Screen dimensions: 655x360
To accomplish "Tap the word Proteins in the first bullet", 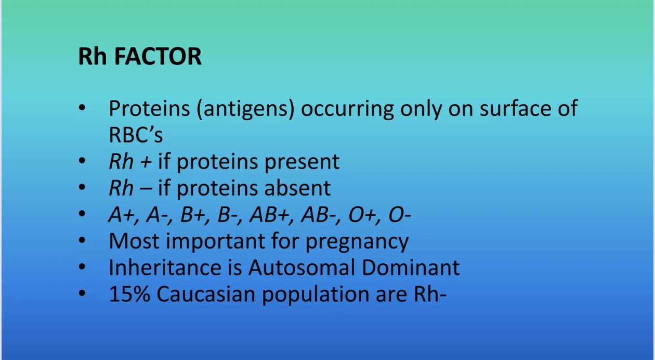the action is (149, 109).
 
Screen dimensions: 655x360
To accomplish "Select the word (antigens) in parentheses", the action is (245, 109).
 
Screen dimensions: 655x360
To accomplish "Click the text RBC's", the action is (136, 135).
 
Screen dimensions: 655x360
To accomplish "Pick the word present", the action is (302, 162).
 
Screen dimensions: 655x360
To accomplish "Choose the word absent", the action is (298, 188).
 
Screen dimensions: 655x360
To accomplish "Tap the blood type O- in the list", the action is (400, 215).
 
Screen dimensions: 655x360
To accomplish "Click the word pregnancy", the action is (357, 242).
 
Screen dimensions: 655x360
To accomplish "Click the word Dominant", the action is (411, 267).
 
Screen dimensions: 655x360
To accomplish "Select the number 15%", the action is (129, 294).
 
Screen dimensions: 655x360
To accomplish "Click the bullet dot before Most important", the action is (82, 240).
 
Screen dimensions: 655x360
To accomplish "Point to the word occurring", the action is (347, 109).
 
